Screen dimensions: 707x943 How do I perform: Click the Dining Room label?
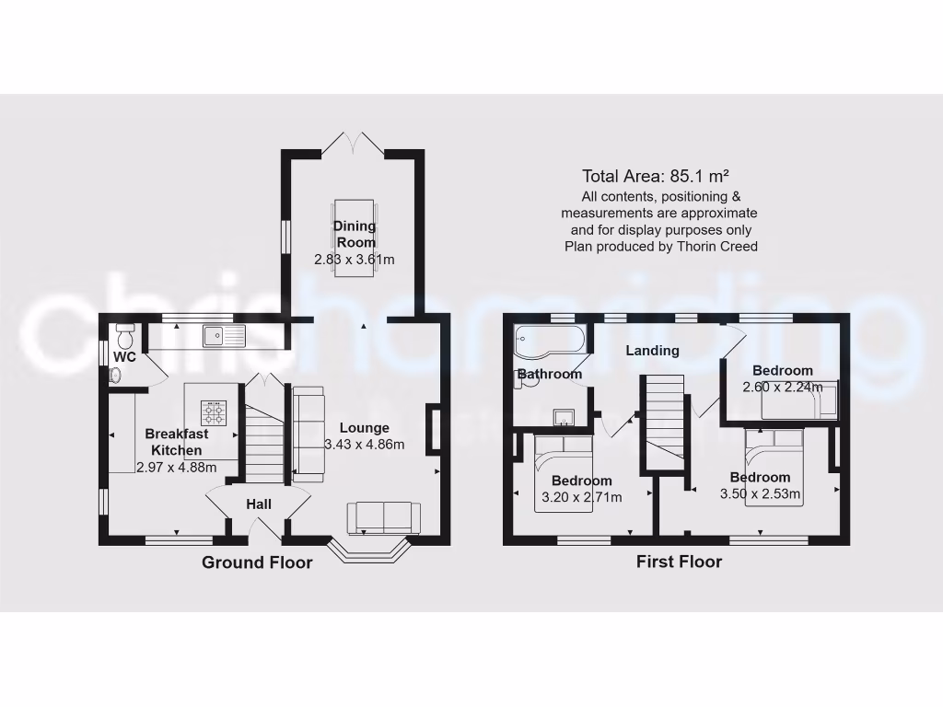coord(354,234)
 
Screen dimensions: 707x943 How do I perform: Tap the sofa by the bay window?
coord(382,516)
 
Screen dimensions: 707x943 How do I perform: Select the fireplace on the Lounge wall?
coord(431,430)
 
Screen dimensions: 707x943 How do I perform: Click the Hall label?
coord(259,504)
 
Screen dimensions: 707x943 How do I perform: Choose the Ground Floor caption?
coord(257,562)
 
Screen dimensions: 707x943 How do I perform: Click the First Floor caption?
coord(679,562)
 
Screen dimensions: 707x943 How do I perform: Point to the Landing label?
coord(652,351)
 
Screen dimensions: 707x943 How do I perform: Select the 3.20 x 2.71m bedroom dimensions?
coord(582,497)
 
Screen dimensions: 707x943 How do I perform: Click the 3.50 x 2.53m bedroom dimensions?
coord(761,494)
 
